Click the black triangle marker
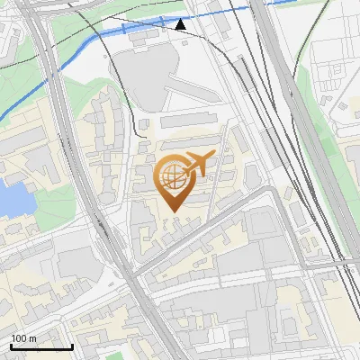(x=181, y=24)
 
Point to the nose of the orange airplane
(x=213, y=155)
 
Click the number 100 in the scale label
(x=19, y=337)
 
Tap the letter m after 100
(x=32, y=337)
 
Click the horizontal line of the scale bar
(x=40, y=346)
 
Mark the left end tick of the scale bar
(x=10, y=345)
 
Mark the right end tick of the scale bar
(x=72, y=345)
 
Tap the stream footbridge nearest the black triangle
(x=162, y=22)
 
